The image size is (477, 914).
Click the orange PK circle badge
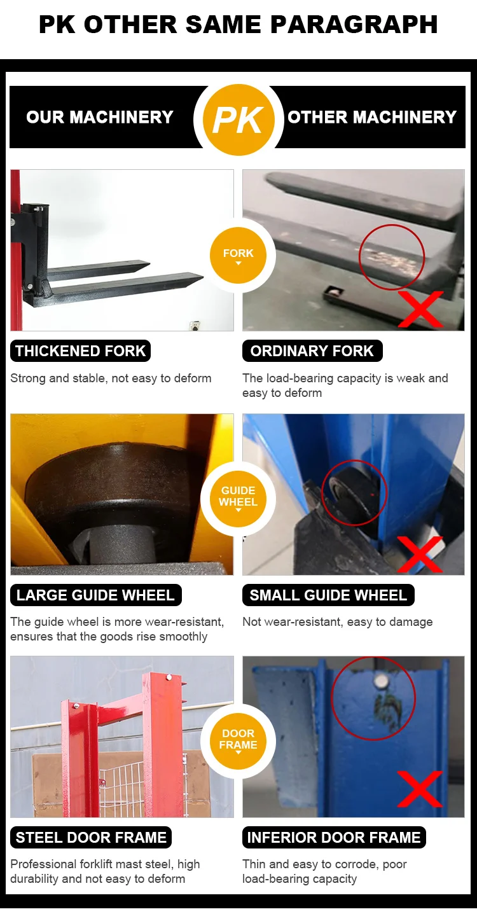tap(238, 120)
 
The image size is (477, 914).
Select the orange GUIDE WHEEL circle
tap(238, 498)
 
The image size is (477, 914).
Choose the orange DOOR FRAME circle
tap(238, 740)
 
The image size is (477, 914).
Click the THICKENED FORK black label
tap(80, 351)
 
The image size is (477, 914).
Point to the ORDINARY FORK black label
tap(312, 351)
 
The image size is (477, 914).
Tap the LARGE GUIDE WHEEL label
tap(96, 595)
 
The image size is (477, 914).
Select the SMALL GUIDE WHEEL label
tap(328, 595)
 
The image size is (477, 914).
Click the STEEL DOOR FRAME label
tap(91, 837)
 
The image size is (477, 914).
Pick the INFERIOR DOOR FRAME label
tap(334, 837)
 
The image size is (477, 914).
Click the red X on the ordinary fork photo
tap(420, 309)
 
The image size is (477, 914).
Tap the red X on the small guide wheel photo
tap(420, 554)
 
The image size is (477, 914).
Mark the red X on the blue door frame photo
tap(420, 789)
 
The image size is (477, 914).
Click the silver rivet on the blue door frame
tap(382, 680)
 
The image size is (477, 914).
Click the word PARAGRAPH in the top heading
tap(354, 24)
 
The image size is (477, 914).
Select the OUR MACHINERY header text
tap(100, 117)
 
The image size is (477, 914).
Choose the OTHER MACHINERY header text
tap(372, 117)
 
